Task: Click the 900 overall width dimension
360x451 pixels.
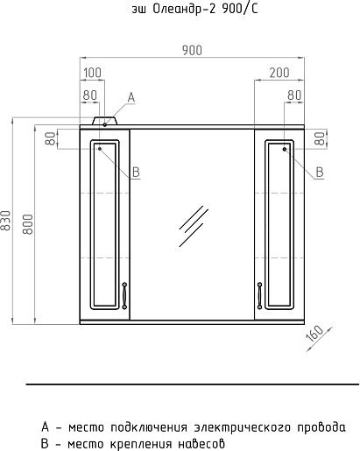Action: [192, 51]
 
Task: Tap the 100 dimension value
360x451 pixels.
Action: [92, 73]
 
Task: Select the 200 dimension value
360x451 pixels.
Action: [279, 73]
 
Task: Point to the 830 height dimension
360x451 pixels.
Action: [6, 220]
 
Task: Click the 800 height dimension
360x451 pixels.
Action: [28, 224]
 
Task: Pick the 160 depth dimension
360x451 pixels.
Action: [314, 334]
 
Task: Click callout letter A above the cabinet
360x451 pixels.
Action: [131, 97]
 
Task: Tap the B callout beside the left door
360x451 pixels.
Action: [136, 172]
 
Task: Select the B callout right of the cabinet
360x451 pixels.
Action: [320, 172]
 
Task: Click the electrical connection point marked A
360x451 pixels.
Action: [104, 124]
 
